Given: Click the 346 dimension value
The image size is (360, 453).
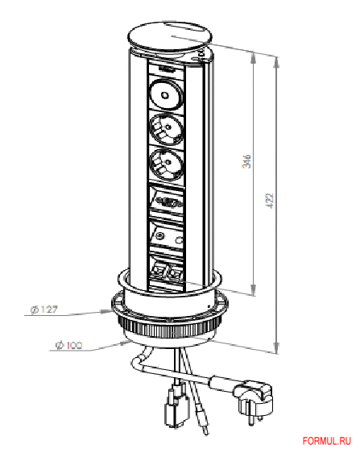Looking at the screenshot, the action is tap(246, 161).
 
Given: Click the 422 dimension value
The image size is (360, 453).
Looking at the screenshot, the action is tap(270, 201).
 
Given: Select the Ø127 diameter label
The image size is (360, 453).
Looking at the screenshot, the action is tap(44, 310).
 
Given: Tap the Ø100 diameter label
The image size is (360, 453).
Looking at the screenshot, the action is tap(68, 345).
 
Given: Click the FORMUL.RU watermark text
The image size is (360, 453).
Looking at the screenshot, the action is tap(327, 441).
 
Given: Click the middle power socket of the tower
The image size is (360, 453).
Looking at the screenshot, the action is tap(166, 128).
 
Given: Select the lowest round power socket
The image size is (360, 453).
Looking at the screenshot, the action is tap(167, 164).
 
